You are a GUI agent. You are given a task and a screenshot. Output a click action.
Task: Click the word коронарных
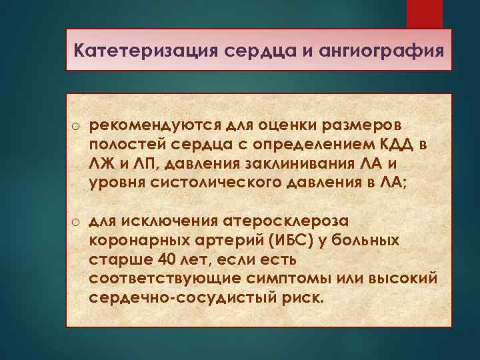pyautogui.click(x=138, y=240)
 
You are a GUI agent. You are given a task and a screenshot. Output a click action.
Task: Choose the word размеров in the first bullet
pyautogui.click(x=355, y=127)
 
